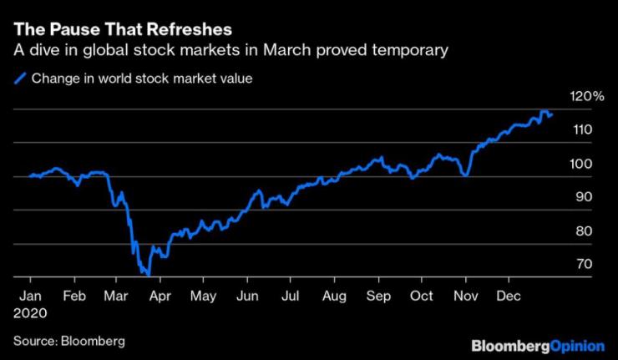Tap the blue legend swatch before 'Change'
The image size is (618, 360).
pyautogui.click(x=21, y=79)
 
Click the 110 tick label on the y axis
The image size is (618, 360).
pyautogui.click(x=583, y=129)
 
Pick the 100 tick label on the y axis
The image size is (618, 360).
pyautogui.click(x=583, y=164)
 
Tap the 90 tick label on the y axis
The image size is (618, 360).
pyautogui.click(x=585, y=196)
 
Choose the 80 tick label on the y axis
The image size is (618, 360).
pyautogui.click(x=585, y=231)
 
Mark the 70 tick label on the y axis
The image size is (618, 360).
pyautogui.click(x=585, y=264)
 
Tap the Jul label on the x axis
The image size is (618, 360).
pyautogui.click(x=291, y=295)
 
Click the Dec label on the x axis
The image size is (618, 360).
pyautogui.click(x=509, y=295)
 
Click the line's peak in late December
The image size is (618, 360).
pyautogui.click(x=544, y=111)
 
